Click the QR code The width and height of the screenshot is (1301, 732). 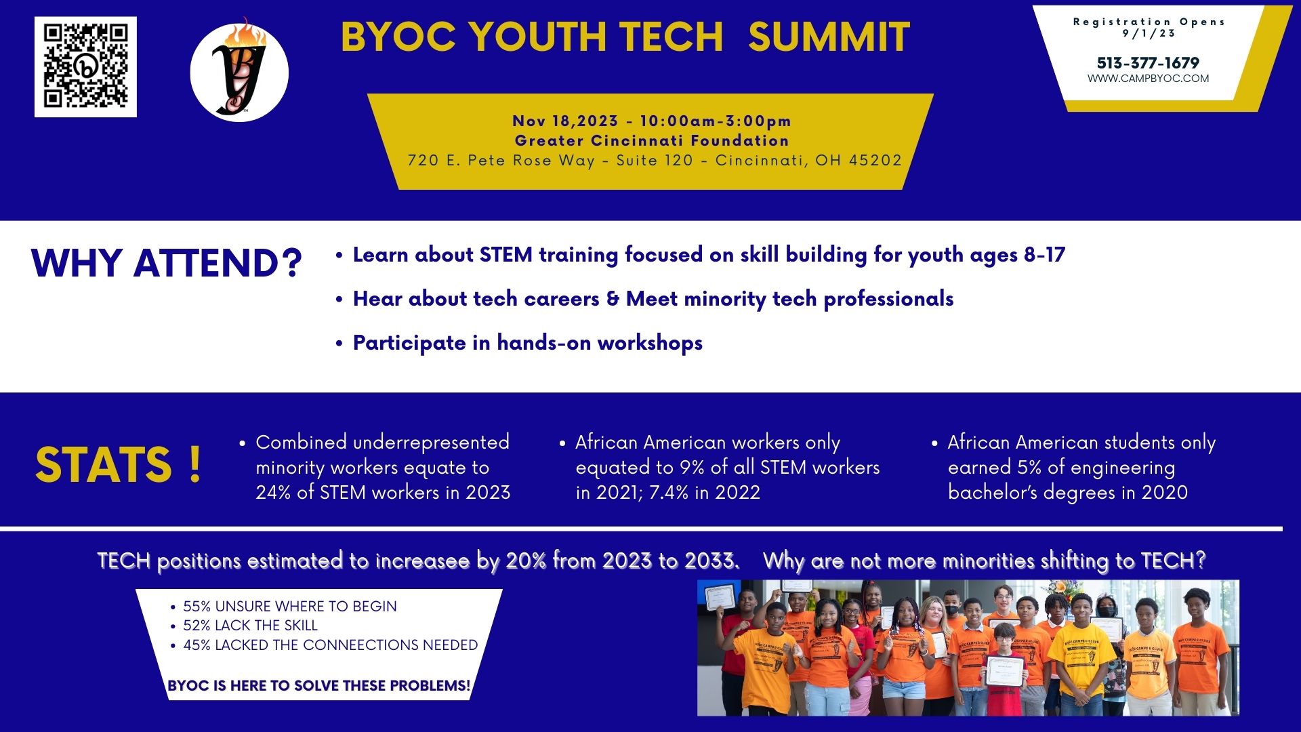[85, 66]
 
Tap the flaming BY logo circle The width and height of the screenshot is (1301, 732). [239, 73]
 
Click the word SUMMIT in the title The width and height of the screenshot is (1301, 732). [829, 37]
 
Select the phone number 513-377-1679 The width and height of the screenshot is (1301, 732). [1148, 63]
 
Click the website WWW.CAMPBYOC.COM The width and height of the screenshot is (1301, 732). [1148, 79]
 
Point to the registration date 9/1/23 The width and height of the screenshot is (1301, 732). [1149, 33]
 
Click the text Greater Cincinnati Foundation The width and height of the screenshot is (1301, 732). [652, 140]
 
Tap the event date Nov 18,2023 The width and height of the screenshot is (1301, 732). [565, 121]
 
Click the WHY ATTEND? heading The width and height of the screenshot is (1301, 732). [166, 263]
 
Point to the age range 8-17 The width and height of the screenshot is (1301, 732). [1044, 255]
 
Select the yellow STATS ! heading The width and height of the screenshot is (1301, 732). [119, 464]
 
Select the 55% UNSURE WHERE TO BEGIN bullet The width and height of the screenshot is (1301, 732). [289, 606]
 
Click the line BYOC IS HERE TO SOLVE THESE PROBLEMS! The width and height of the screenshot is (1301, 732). [318, 685]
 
